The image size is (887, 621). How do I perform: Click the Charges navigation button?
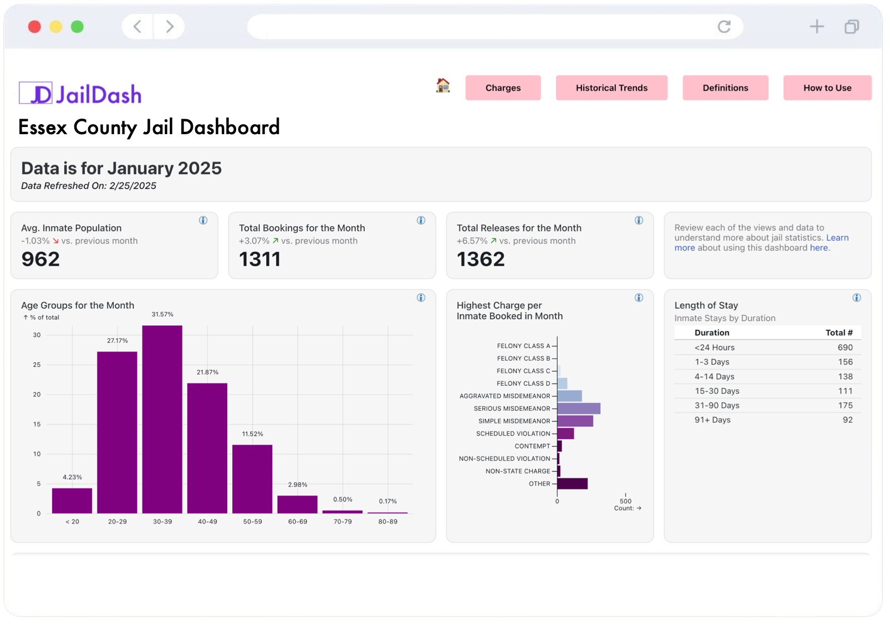503,88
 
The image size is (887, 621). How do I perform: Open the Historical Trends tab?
611,88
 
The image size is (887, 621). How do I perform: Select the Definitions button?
725,88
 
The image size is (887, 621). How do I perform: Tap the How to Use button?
827,88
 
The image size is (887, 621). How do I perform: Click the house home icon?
443,85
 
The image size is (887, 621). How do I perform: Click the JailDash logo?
81,94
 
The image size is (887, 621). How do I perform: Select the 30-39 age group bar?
162,419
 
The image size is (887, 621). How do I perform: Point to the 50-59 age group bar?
252,479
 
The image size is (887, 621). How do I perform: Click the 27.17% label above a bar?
117,340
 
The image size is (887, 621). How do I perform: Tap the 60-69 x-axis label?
298,522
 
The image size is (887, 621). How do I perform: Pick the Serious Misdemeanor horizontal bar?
578,409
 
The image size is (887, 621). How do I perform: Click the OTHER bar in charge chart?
572,483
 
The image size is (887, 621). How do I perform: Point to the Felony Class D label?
523,384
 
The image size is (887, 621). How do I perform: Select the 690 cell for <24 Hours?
845,348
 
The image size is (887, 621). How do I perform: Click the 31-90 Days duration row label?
717,405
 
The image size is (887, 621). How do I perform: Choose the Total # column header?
839,333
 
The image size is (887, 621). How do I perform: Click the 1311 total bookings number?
259,259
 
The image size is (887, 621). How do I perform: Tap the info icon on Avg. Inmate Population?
203,221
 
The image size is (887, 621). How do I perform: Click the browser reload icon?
724,27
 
